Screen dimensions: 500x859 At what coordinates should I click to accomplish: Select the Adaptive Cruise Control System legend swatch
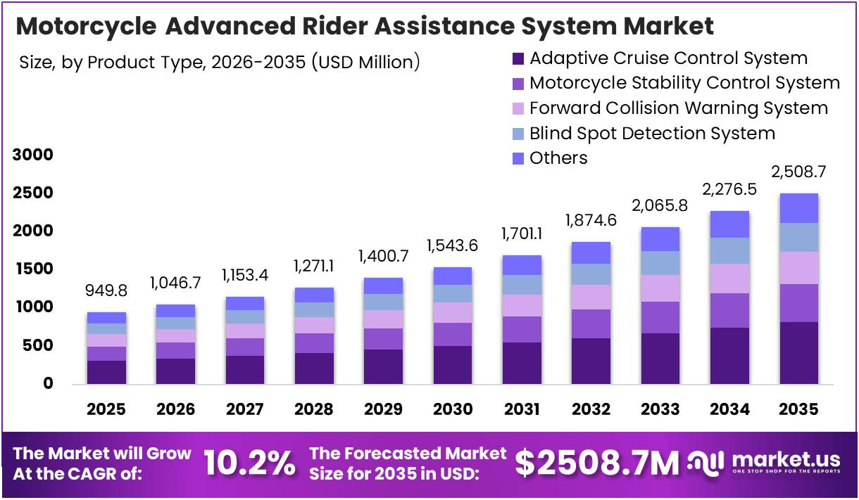tap(519, 58)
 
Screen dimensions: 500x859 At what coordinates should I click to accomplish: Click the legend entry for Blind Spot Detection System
tap(652, 133)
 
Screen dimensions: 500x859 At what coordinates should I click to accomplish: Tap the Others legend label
tap(558, 158)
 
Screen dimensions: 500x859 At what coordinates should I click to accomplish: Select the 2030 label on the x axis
tap(453, 409)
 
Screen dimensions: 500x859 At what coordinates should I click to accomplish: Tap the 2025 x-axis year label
tap(106, 409)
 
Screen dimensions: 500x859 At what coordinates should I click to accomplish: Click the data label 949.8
tap(106, 291)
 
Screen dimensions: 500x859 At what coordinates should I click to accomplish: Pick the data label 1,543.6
tap(453, 246)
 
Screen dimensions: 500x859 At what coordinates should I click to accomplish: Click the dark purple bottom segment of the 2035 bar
tap(798, 352)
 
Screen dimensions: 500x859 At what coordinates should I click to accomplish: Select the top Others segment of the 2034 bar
tap(729, 224)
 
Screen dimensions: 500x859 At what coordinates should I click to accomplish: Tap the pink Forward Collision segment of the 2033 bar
tap(660, 288)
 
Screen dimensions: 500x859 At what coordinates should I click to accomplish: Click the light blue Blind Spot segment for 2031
tap(522, 285)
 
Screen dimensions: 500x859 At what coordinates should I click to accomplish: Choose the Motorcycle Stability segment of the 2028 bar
tap(314, 343)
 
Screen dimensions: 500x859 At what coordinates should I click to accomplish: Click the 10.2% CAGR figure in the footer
tap(249, 463)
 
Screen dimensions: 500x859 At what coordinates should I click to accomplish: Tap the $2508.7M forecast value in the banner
tap(597, 463)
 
